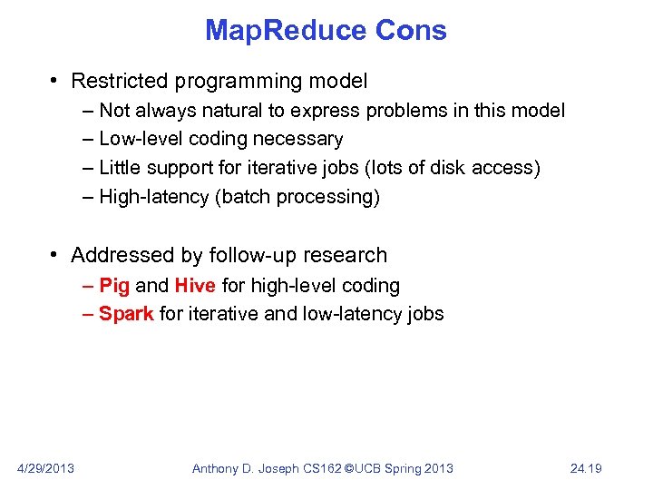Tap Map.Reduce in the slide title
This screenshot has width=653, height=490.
click(x=284, y=31)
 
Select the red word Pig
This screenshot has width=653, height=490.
click(x=114, y=286)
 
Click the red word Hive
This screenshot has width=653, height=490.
click(x=195, y=286)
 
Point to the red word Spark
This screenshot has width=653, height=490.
click(x=126, y=314)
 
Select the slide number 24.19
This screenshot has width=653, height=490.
click(x=587, y=468)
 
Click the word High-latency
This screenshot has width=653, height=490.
click(x=154, y=197)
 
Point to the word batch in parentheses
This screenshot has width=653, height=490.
click(x=245, y=197)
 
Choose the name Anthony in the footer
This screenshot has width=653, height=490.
click(x=218, y=468)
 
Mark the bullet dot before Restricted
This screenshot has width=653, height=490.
click(x=56, y=82)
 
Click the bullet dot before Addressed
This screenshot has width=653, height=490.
click(x=56, y=256)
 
